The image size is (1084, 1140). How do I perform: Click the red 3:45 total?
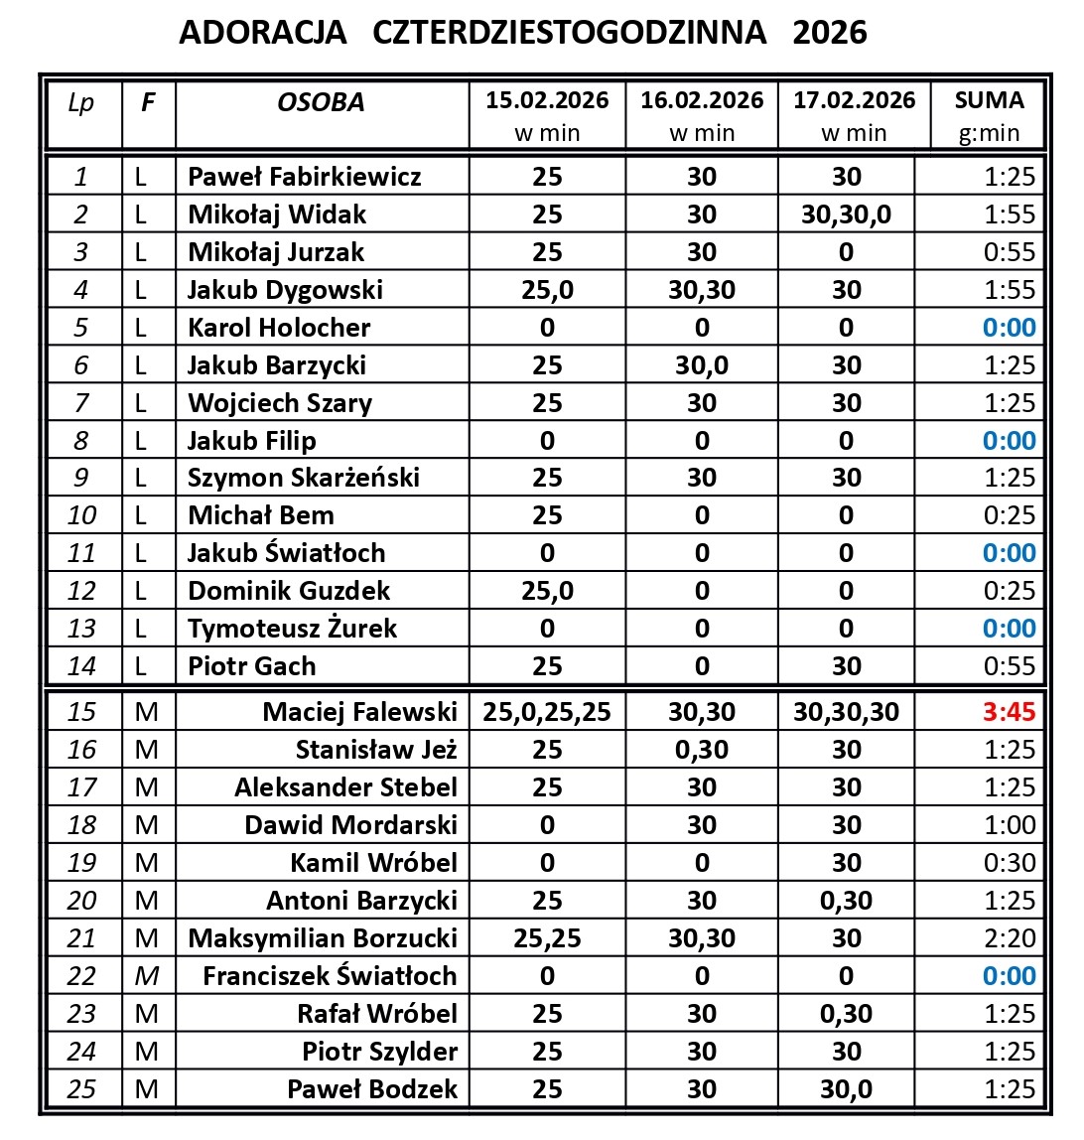coord(1009,712)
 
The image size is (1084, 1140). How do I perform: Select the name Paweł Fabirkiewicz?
coord(304,177)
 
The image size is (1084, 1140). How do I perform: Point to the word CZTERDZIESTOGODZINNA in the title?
coord(570,33)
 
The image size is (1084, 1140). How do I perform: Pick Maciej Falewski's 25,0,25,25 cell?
coord(547,712)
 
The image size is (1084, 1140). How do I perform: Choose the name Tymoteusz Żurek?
coord(292,629)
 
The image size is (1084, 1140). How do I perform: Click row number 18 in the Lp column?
coord(81,825)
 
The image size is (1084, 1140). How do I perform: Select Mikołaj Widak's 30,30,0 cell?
coord(846,214)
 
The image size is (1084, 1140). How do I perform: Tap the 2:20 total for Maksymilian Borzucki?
coord(1009,938)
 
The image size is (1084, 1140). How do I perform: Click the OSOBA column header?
coord(321,102)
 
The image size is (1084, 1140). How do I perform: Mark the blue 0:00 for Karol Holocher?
coord(1009,328)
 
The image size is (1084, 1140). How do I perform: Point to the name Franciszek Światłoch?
coord(330,976)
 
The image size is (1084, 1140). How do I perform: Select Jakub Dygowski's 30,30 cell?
coord(702,290)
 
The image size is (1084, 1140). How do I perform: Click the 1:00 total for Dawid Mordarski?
coord(1009,825)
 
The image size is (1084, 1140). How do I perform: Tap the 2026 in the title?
coord(830,33)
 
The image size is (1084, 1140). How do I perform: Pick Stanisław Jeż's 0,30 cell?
coord(702,750)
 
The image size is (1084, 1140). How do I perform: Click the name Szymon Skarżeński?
coord(304,478)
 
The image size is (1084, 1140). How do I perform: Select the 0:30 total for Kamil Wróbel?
coord(1009,863)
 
